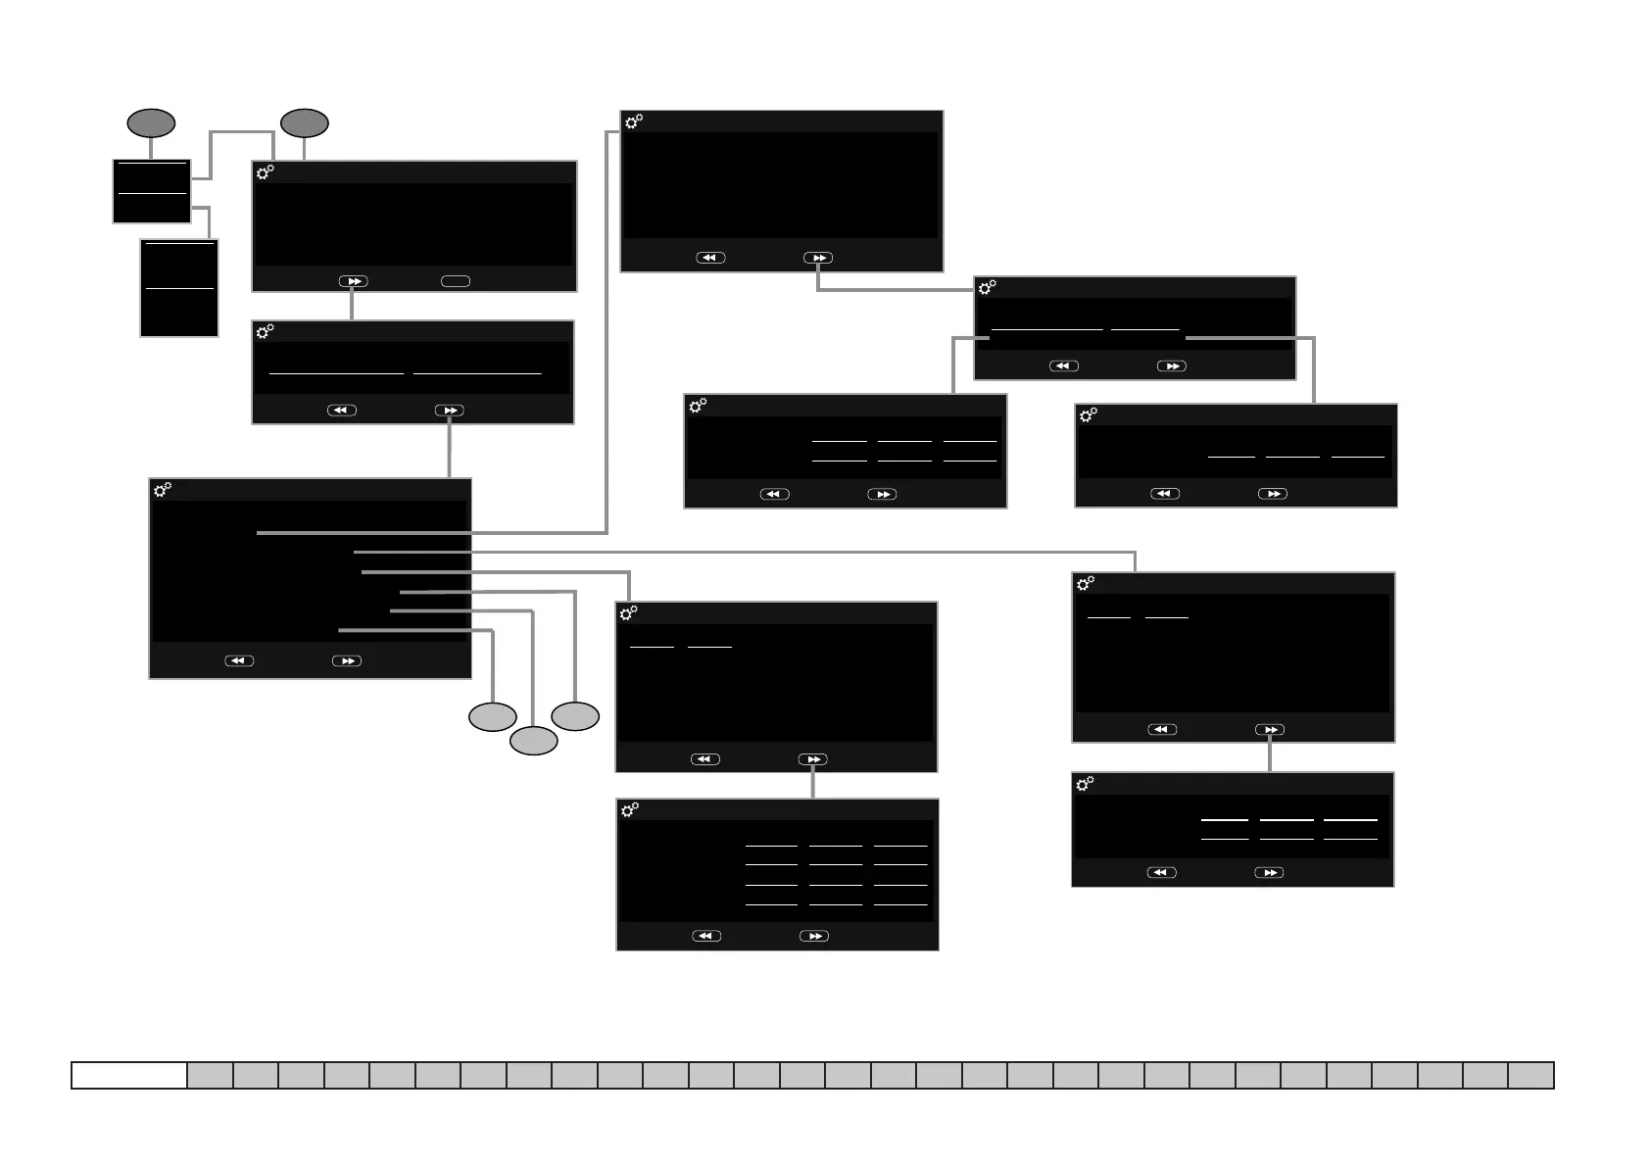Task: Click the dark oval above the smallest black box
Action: (151, 123)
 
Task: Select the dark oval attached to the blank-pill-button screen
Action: (304, 123)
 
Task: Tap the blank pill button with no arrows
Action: (456, 281)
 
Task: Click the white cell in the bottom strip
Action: (129, 1075)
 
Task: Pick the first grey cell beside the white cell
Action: (210, 1075)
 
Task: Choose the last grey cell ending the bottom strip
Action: (1530, 1075)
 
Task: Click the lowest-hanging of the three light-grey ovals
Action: (533, 741)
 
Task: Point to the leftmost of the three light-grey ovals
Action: (492, 717)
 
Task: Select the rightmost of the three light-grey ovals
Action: (575, 716)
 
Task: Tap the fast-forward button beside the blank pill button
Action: (353, 281)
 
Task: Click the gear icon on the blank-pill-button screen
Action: (265, 172)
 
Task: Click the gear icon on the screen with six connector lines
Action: (163, 489)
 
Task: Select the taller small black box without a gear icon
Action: (179, 288)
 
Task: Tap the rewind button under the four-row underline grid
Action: (705, 936)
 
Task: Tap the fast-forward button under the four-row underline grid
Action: (814, 936)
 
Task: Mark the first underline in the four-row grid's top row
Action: (771, 845)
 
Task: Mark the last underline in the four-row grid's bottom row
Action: (900, 903)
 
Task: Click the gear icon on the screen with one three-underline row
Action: (1088, 415)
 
